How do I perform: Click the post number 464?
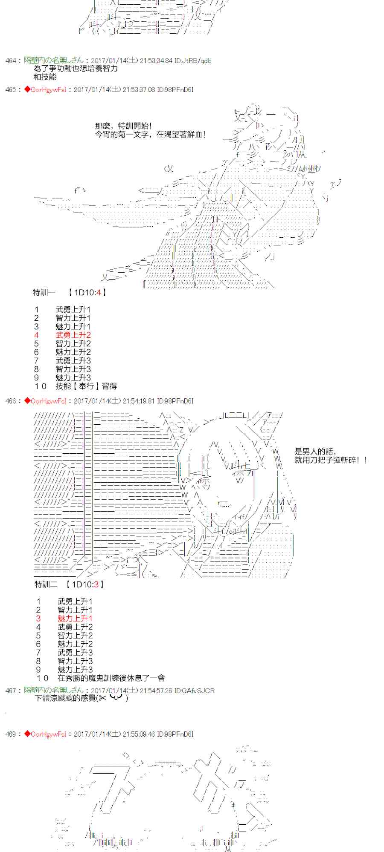pyautogui.click(x=11, y=61)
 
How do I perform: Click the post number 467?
pyautogui.click(x=11, y=691)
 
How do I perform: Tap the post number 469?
pyautogui.click(x=11, y=734)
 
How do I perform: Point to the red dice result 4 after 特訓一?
pyautogui.click(x=99, y=293)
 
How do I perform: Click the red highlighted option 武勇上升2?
pyautogui.click(x=73, y=335)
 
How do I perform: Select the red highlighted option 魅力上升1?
pyautogui.click(x=75, y=619)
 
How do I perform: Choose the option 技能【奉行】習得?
pyautogui.click(x=86, y=386)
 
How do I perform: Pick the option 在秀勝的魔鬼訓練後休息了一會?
pyautogui.click(x=111, y=678)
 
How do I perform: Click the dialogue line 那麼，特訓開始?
pyautogui.click(x=123, y=126)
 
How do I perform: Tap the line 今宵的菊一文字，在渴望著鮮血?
pyautogui.click(x=151, y=135)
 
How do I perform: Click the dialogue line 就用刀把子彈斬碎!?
pyautogui.click(x=331, y=460)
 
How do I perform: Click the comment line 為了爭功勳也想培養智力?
pyautogui.click(x=76, y=69)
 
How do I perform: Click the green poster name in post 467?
pyautogui.click(x=53, y=690)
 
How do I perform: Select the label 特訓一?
pyautogui.click(x=44, y=293)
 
